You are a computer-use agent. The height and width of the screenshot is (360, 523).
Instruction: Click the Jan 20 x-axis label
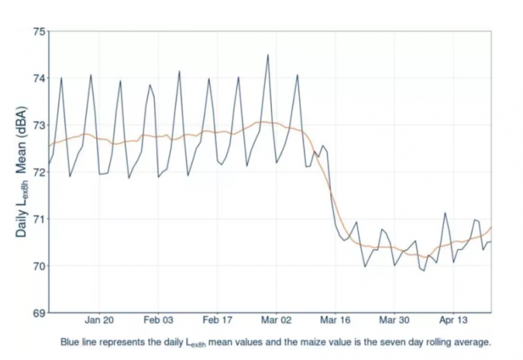pyautogui.click(x=99, y=320)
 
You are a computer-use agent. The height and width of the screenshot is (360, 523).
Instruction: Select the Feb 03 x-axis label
pyautogui.click(x=158, y=320)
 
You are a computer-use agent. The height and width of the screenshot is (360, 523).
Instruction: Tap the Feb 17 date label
pyautogui.click(x=217, y=320)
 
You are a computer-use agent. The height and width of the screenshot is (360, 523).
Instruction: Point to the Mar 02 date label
pyautogui.click(x=276, y=320)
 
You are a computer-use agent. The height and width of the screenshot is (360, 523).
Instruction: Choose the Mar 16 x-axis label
pyautogui.click(x=335, y=320)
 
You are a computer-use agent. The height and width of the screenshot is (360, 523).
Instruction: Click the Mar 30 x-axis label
pyautogui.click(x=394, y=320)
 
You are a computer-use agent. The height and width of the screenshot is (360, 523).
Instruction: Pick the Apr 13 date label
pyautogui.click(x=453, y=320)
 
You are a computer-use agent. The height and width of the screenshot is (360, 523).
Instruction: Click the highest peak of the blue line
pyautogui.click(x=267, y=55)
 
